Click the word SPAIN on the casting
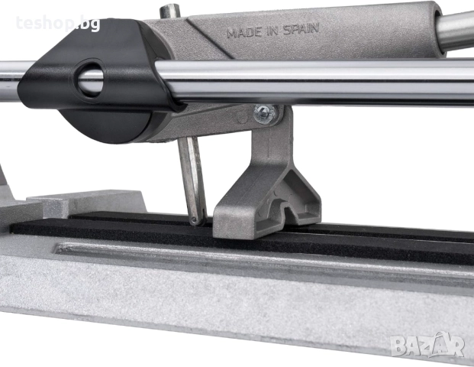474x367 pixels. (301, 29)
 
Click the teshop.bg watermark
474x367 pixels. (58, 23)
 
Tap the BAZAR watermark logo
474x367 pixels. (427, 345)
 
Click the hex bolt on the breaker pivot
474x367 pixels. (265, 114)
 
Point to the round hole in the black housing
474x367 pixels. (90, 80)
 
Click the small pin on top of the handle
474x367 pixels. (170, 11)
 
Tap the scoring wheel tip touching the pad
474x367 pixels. (194, 220)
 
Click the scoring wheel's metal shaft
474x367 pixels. (192, 179)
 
